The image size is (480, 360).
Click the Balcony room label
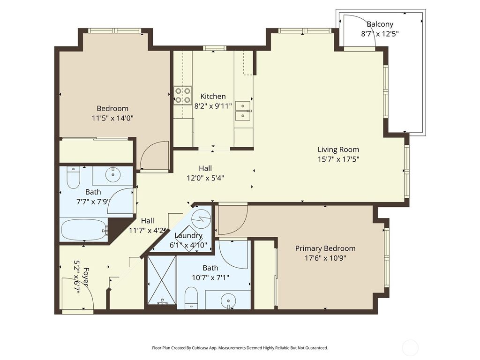click(x=380, y=24)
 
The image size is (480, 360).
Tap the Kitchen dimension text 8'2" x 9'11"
click(x=213, y=105)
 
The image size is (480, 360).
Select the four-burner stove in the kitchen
click(x=183, y=95)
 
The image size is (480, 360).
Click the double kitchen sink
click(x=243, y=111)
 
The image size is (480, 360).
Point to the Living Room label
click(x=338, y=150)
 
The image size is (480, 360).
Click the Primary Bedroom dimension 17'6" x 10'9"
click(x=325, y=257)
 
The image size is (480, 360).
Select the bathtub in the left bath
click(x=84, y=230)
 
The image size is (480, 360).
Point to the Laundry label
click(x=188, y=236)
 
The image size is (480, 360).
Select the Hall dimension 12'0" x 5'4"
click(x=205, y=178)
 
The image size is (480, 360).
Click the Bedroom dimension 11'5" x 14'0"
click(x=112, y=118)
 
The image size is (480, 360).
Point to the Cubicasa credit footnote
click(x=240, y=348)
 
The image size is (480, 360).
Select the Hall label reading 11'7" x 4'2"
click(x=148, y=230)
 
